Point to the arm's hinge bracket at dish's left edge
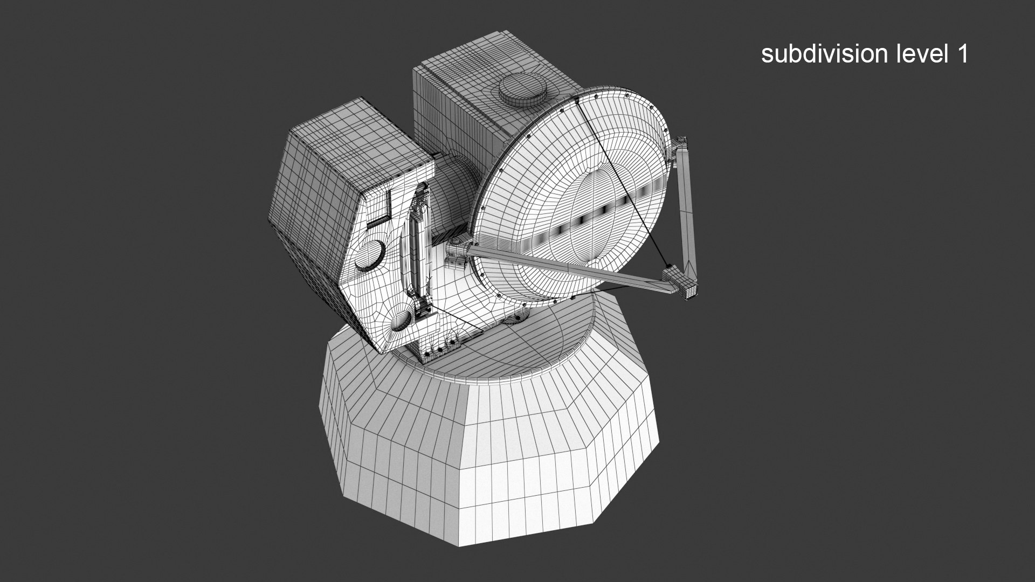[458, 251]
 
